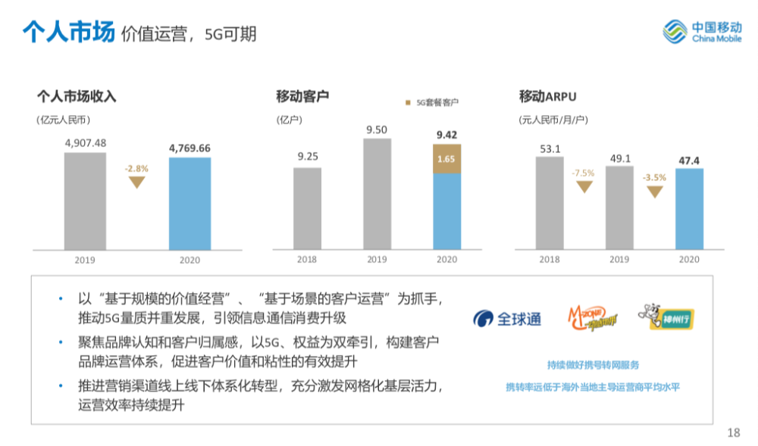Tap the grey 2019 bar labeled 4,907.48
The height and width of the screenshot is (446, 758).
[x=85, y=201]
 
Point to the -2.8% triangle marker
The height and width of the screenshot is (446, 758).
[x=137, y=181]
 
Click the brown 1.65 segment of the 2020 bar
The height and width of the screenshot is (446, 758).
[x=446, y=159]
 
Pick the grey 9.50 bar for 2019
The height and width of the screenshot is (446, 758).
[x=377, y=194]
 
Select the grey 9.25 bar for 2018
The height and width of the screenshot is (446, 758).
[x=307, y=208]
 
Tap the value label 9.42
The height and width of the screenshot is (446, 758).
[x=446, y=136]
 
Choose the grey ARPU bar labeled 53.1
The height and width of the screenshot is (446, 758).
[x=550, y=203]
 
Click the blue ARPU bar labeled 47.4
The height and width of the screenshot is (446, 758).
[x=689, y=208]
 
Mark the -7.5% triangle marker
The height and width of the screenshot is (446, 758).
[x=584, y=186]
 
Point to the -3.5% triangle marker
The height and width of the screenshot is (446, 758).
[x=654, y=191]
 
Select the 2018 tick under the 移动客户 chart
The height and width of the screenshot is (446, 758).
[x=307, y=260]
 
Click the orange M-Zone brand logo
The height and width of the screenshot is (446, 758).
[x=590, y=319]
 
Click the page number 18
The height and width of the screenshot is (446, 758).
[x=732, y=432]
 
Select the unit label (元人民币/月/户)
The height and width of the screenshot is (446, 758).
[x=553, y=120]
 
